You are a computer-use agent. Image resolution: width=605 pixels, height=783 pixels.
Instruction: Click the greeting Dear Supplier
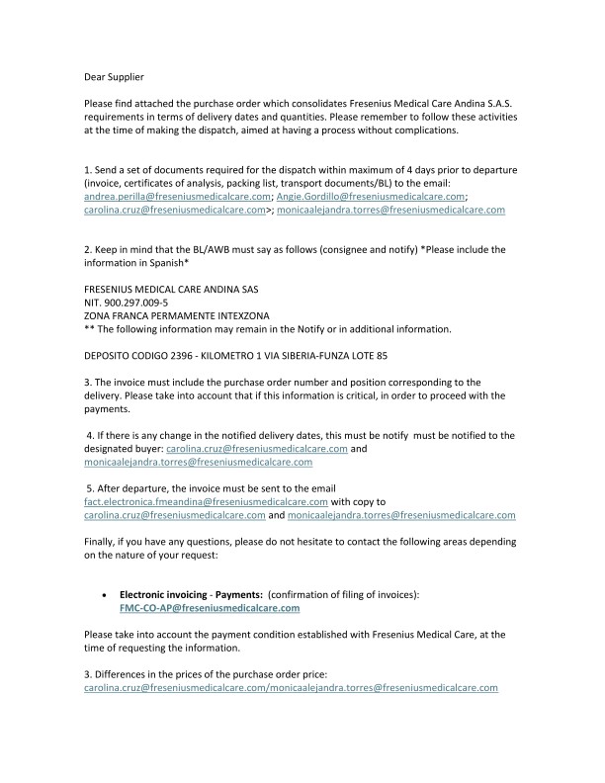coord(116,74)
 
